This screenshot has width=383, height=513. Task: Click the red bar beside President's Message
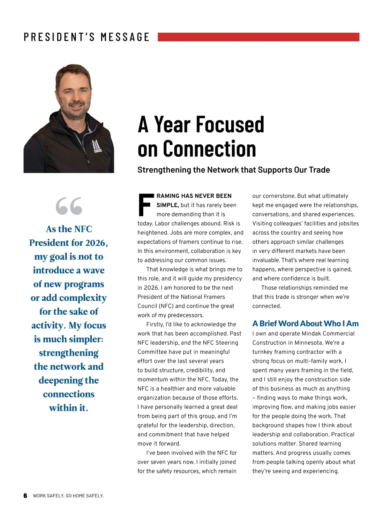tap(259, 37)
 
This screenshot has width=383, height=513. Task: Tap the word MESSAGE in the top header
tap(125, 37)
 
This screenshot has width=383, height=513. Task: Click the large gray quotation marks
tap(69, 206)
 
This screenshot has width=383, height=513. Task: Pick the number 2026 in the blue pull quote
tap(95, 243)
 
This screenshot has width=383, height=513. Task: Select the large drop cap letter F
tap(145, 204)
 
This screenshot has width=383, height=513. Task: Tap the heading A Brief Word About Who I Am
tap(305, 324)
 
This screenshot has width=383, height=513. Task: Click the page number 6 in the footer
tap(26, 496)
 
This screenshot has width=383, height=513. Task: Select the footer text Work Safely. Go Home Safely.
tap(68, 496)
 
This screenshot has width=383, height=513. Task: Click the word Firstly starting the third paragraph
tap(155, 325)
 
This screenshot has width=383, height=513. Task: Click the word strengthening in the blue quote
tap(69, 353)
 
